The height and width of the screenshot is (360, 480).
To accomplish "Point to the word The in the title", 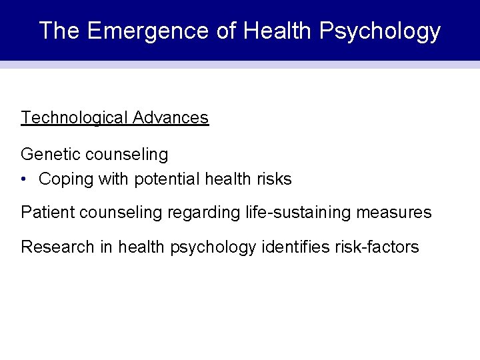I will click(x=59, y=31).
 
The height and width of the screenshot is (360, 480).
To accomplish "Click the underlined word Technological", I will click(x=74, y=118).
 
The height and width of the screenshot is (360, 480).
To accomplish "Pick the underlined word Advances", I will click(x=171, y=118).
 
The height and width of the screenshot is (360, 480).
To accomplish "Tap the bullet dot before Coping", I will click(x=24, y=179).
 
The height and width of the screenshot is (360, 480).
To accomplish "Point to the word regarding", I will click(x=198, y=213).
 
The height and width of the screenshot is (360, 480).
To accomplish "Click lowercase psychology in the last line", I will click(x=213, y=247).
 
